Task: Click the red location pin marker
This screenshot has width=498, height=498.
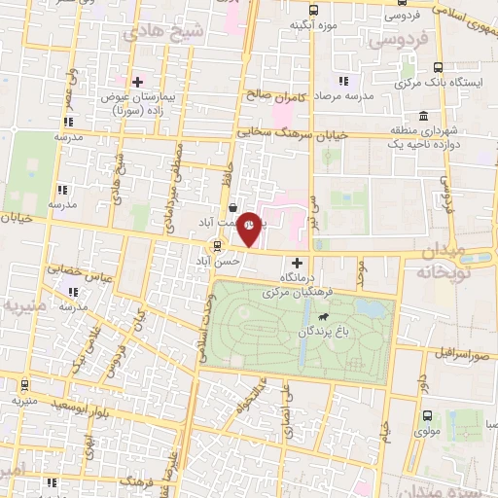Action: pyautogui.click(x=250, y=227)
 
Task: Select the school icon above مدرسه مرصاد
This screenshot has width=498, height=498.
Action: pyautogui.click(x=342, y=81)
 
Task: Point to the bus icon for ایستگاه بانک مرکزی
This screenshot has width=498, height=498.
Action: pyautogui.click(x=440, y=67)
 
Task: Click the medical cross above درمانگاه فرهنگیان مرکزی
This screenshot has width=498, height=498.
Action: pyautogui.click(x=298, y=263)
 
